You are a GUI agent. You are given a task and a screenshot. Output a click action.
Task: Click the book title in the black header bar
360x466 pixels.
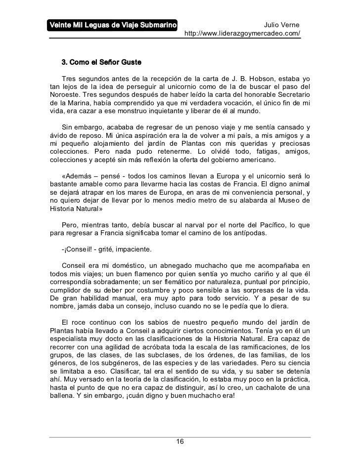[113, 25]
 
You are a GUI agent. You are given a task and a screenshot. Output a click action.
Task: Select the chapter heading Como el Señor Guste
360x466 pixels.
[101, 63]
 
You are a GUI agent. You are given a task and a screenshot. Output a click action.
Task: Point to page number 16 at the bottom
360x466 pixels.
[180, 441]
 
